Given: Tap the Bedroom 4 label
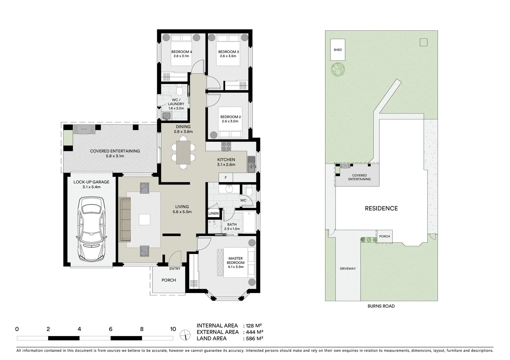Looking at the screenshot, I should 181,52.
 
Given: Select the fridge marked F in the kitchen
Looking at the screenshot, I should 226,178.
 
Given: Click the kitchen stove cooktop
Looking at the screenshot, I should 226,146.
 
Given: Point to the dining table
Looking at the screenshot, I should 183,152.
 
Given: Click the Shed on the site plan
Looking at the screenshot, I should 338,50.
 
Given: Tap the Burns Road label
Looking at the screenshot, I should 381,306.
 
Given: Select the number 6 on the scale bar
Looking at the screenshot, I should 110,329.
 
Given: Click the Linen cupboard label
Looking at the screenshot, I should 213,213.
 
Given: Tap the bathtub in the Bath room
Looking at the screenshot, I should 249,222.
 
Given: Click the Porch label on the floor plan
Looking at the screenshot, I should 168,280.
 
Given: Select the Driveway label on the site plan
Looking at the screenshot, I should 348,269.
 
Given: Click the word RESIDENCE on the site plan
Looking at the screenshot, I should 381,208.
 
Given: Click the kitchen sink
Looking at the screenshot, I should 251,165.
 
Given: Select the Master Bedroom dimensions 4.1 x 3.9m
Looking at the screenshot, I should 235,267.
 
